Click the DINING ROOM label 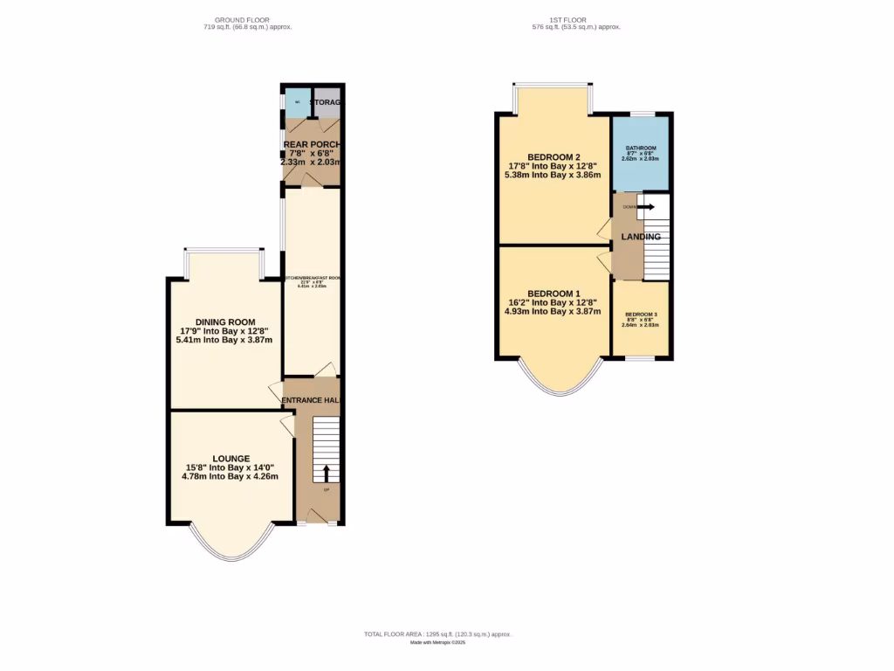[x=224, y=322]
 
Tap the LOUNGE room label [x=230, y=459]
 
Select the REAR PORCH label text [x=312, y=144]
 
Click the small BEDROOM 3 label [x=641, y=314]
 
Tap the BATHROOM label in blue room [x=641, y=149]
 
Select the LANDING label [x=641, y=237]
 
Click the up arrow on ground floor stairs [x=327, y=473]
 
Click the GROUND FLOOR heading [x=242, y=19]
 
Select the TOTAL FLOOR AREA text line [x=437, y=633]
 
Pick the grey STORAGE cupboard [x=328, y=102]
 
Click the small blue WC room [x=298, y=102]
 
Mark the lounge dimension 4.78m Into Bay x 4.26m [x=230, y=477]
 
